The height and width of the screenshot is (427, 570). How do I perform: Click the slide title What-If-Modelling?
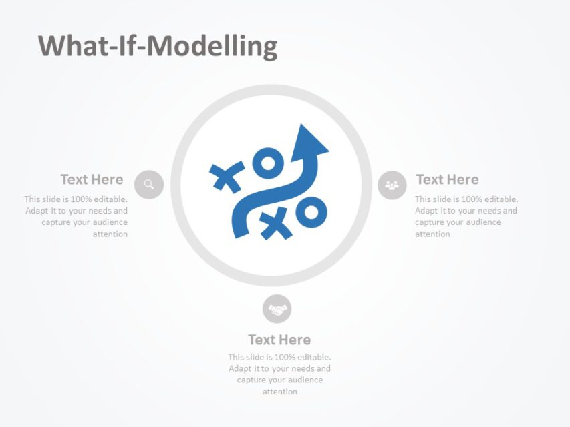coord(158,47)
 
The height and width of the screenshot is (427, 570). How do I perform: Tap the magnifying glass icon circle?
coord(149,185)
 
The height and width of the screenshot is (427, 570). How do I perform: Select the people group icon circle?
coord(392,185)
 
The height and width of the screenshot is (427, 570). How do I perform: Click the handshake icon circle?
coord(277,309)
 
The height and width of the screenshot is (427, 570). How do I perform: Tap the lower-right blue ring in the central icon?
coord(311,213)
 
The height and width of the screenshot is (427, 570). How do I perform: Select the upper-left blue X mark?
coord(227,177)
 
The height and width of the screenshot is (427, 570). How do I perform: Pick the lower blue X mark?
coord(276,223)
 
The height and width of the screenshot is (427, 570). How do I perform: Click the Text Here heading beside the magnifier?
coord(92,179)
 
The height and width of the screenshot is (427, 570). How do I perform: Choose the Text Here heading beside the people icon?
coord(447,179)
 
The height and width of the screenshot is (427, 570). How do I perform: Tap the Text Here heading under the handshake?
coord(279,340)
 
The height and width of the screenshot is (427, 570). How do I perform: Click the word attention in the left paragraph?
coord(110,234)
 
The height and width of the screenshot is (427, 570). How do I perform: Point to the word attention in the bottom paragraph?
coord(279,392)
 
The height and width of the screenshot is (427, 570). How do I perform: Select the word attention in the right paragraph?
coord(432,234)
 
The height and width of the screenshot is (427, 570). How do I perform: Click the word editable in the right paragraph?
coord(501,199)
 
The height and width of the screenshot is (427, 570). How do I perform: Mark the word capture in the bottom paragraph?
coord(251,380)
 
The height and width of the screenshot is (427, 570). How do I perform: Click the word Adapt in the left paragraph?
coord(37,211)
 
